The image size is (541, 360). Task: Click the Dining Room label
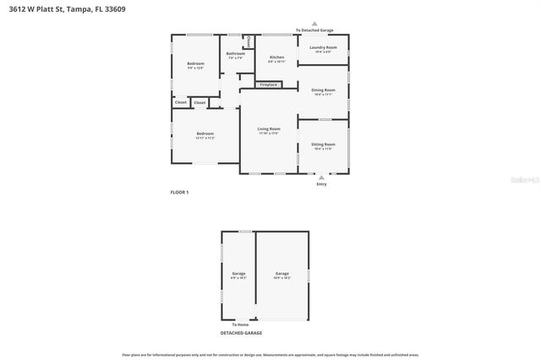click(323, 91)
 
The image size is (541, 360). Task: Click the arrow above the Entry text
click(321, 177)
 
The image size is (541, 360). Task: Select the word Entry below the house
click(321, 183)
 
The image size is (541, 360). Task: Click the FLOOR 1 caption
click(179, 193)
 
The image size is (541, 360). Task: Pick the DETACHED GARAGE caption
click(241, 333)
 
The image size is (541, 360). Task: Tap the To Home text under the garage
click(241, 325)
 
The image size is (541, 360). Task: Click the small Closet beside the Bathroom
click(249, 42)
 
